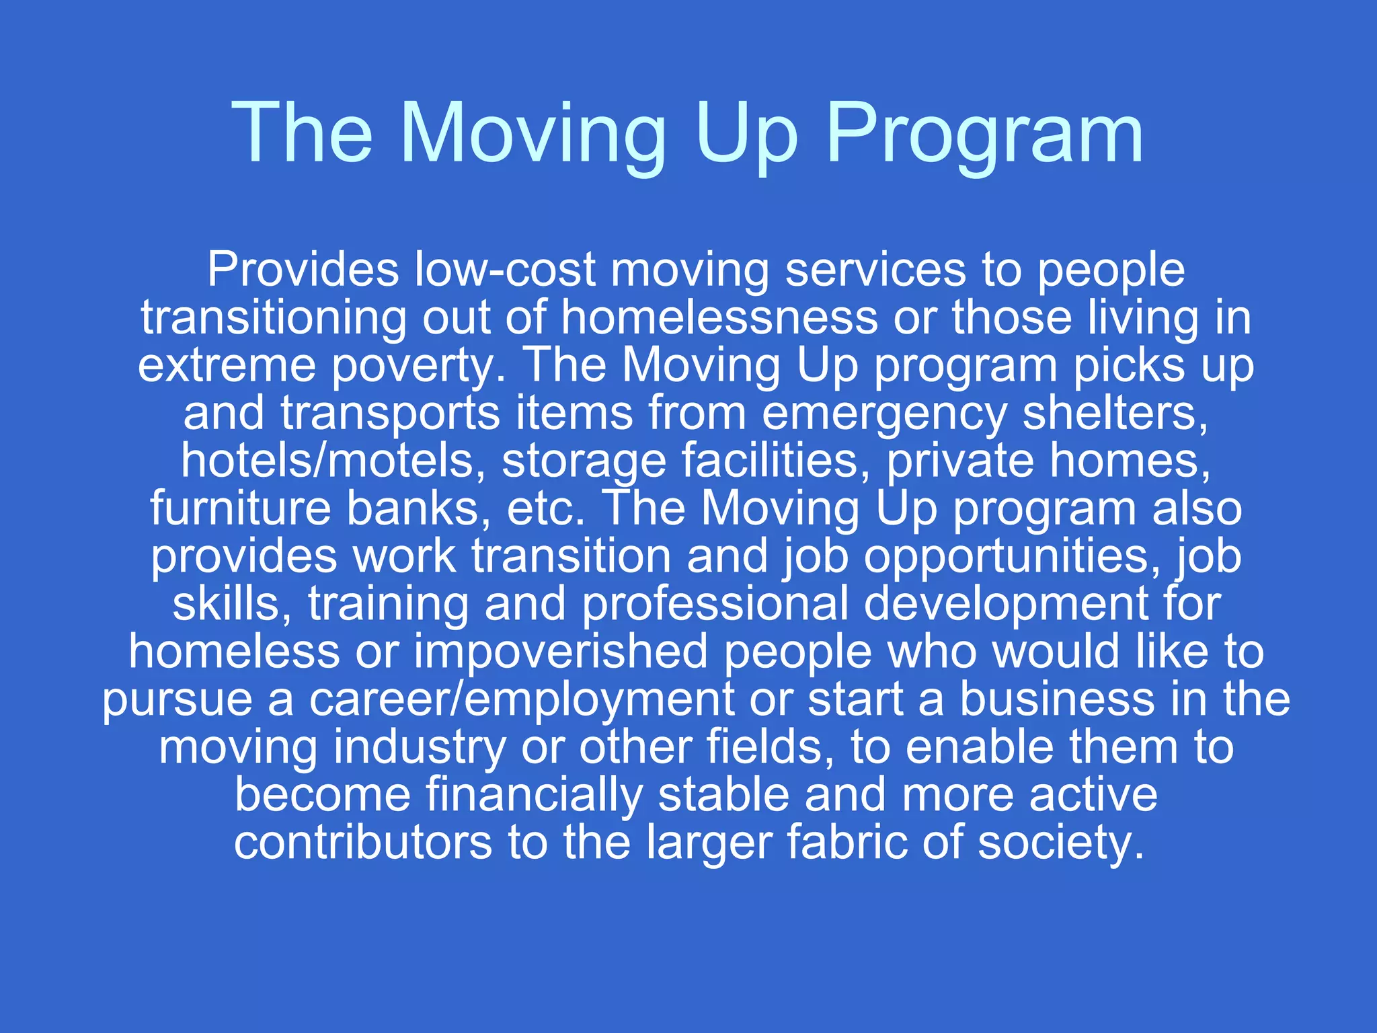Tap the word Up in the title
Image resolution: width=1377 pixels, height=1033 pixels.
745,135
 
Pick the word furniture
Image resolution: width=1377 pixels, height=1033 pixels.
241,509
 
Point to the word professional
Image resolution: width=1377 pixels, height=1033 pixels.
715,605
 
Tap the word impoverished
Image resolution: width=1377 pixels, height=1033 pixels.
561,652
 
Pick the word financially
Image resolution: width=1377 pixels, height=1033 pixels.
534,796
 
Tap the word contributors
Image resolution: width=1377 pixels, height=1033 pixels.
363,843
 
